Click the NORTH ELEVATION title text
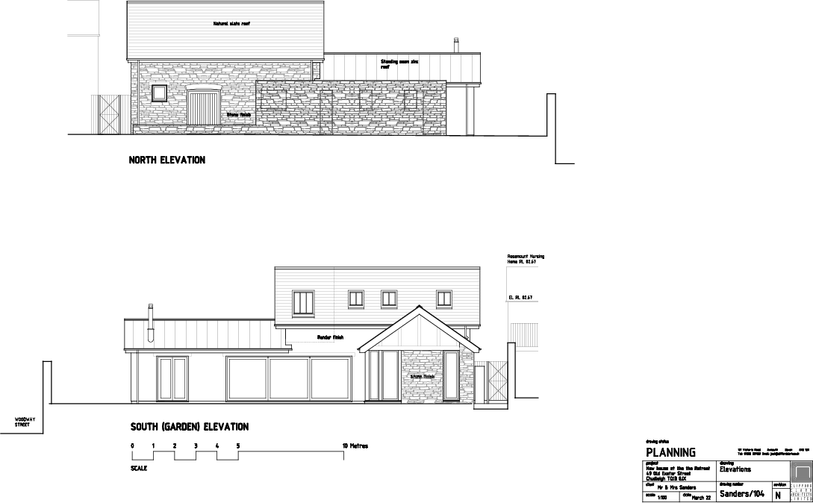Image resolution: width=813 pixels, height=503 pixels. (166, 160)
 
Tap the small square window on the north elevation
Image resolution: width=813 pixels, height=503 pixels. (159, 93)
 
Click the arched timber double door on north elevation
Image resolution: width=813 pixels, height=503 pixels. (202, 106)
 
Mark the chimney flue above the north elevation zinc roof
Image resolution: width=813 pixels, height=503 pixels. (456, 45)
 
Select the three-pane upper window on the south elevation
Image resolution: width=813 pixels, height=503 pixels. (302, 302)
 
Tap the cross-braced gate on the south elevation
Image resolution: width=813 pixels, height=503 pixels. (496, 382)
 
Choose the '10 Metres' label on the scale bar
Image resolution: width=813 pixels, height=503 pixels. (355, 446)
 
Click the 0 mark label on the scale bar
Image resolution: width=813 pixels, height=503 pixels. (132, 446)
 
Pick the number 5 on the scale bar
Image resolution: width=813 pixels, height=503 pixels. (238, 446)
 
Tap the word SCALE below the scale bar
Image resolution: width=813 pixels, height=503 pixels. (139, 469)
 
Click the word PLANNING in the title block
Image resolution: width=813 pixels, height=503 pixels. (670, 452)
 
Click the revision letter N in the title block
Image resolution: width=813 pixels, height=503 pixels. (779, 495)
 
